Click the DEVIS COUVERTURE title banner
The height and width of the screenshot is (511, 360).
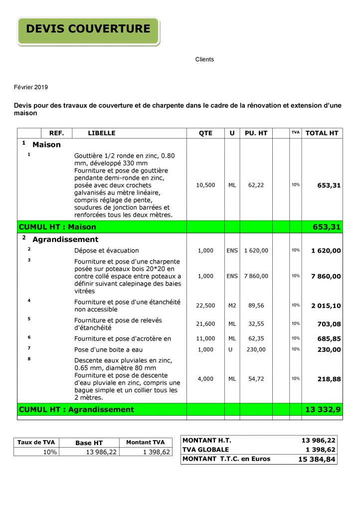tap(88, 29)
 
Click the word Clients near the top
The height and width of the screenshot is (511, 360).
tap(204, 59)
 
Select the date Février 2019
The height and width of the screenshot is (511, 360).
tap(31, 87)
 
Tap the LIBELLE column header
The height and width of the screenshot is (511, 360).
tap(102, 133)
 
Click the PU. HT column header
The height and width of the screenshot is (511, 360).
tap(256, 133)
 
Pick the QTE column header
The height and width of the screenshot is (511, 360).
tap(205, 133)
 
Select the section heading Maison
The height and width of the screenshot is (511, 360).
tap(46, 145)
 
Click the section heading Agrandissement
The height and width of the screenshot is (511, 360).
tap(65, 240)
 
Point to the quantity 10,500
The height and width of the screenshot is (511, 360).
tap(205, 185)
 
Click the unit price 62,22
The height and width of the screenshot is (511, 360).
tap(256, 185)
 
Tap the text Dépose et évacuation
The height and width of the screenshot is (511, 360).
tap(107, 251)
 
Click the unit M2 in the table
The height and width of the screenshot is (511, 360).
tap(232, 305)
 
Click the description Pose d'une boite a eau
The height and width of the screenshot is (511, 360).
tap(108, 350)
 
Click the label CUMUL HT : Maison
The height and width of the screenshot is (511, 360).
tap(57, 227)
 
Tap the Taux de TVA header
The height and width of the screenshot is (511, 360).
tap(36, 442)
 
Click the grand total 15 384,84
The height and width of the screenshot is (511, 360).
tap(317, 459)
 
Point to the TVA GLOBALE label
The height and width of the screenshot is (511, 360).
tap(206, 450)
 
